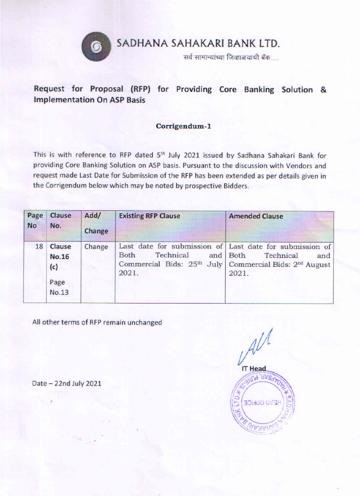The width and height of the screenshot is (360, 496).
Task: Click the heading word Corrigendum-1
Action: (183, 126)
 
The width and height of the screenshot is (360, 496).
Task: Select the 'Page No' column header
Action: (35, 220)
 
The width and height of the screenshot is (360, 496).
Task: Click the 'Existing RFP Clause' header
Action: (149, 216)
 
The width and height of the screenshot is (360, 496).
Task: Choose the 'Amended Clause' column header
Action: (256, 216)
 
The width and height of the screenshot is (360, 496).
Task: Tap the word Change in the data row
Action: (96, 247)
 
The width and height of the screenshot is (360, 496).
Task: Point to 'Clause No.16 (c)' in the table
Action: (60, 256)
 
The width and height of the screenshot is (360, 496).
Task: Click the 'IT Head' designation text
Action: (253, 369)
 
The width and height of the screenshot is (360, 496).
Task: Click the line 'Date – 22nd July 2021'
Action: (66, 383)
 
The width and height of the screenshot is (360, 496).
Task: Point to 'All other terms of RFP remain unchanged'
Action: (97, 322)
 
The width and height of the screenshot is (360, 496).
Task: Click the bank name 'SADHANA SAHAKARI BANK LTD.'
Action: (199, 43)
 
